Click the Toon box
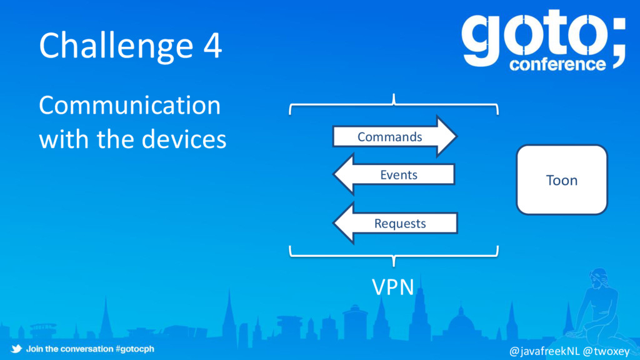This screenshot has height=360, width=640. pyautogui.click(x=562, y=180)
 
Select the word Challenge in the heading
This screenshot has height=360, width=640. pyautogui.click(x=116, y=47)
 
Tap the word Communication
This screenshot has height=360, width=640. pyautogui.click(x=129, y=105)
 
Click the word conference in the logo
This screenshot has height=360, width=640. pyautogui.click(x=557, y=64)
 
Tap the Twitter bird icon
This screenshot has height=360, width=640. pyautogui.click(x=16, y=349)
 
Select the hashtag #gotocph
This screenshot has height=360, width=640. pyautogui.click(x=135, y=349)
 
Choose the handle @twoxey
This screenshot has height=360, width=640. pyautogui.click(x=606, y=351)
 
